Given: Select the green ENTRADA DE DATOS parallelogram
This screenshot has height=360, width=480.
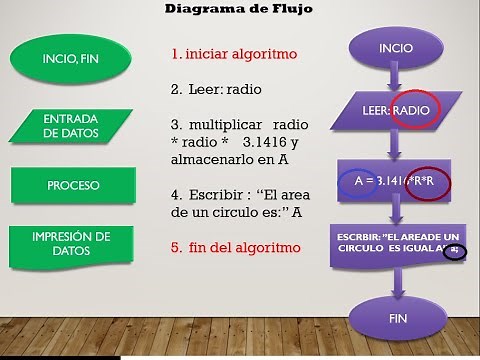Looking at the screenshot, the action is [x=70, y=125].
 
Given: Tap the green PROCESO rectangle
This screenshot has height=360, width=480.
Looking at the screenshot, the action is [x=73, y=186].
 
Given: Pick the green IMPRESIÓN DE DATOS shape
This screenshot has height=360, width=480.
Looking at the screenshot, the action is [x=72, y=242].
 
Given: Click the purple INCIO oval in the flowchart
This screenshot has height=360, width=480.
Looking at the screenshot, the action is [x=396, y=49].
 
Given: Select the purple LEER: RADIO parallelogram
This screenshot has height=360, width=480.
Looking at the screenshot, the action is [x=397, y=109].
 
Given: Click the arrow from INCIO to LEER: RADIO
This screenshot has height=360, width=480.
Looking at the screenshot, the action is [x=397, y=78].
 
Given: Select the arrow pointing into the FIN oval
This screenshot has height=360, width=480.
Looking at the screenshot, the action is [x=397, y=280].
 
